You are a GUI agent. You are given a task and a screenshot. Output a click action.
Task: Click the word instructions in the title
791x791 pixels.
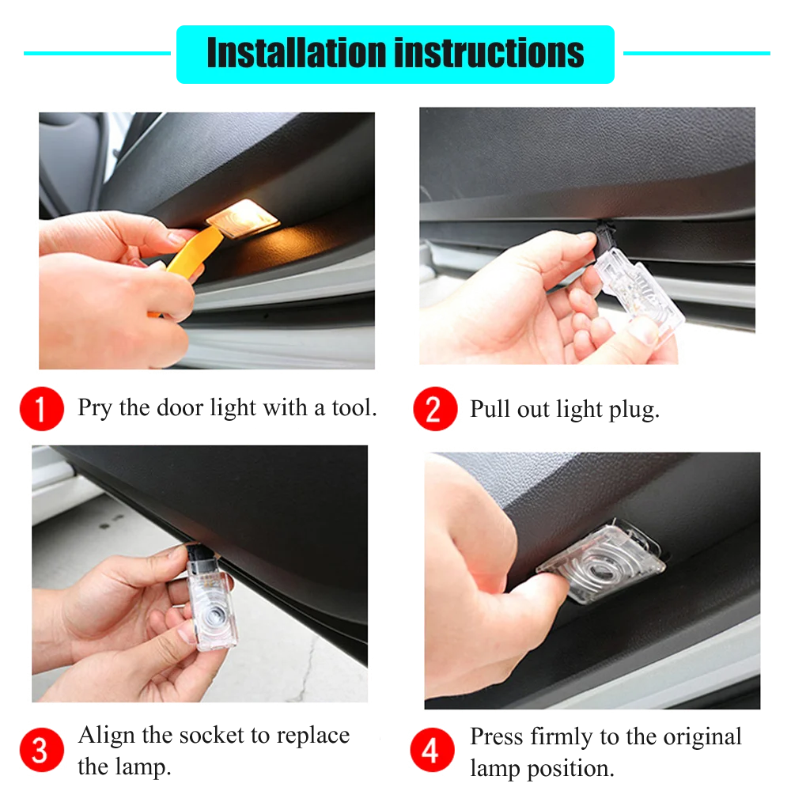(490, 53)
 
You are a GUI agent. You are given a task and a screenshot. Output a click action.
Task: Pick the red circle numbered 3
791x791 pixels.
(40, 749)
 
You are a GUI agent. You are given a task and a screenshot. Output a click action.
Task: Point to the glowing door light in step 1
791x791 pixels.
(241, 217)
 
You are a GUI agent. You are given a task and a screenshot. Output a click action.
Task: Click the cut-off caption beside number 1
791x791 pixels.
(225, 407)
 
